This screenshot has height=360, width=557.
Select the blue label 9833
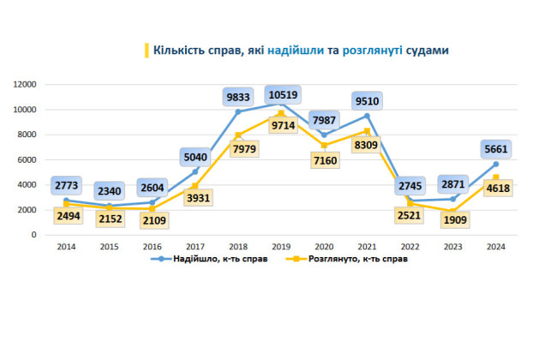pos(237,97)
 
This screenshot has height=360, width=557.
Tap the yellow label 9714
pos(282,125)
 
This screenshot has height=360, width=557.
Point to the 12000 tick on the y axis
pos(24,84)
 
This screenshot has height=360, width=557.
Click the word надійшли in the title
pos(295,51)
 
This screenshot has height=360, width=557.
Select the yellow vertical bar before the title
pos(146,51)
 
